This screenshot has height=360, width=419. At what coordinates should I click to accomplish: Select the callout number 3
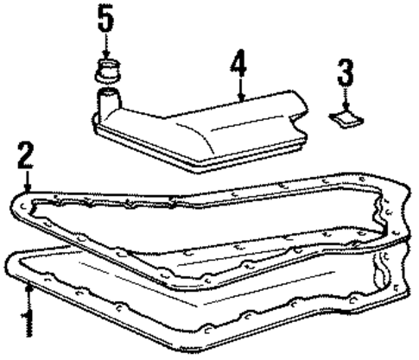(345, 72)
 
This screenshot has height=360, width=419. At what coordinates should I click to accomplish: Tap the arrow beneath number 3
(345, 97)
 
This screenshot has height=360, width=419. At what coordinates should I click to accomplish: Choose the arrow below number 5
(105, 47)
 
